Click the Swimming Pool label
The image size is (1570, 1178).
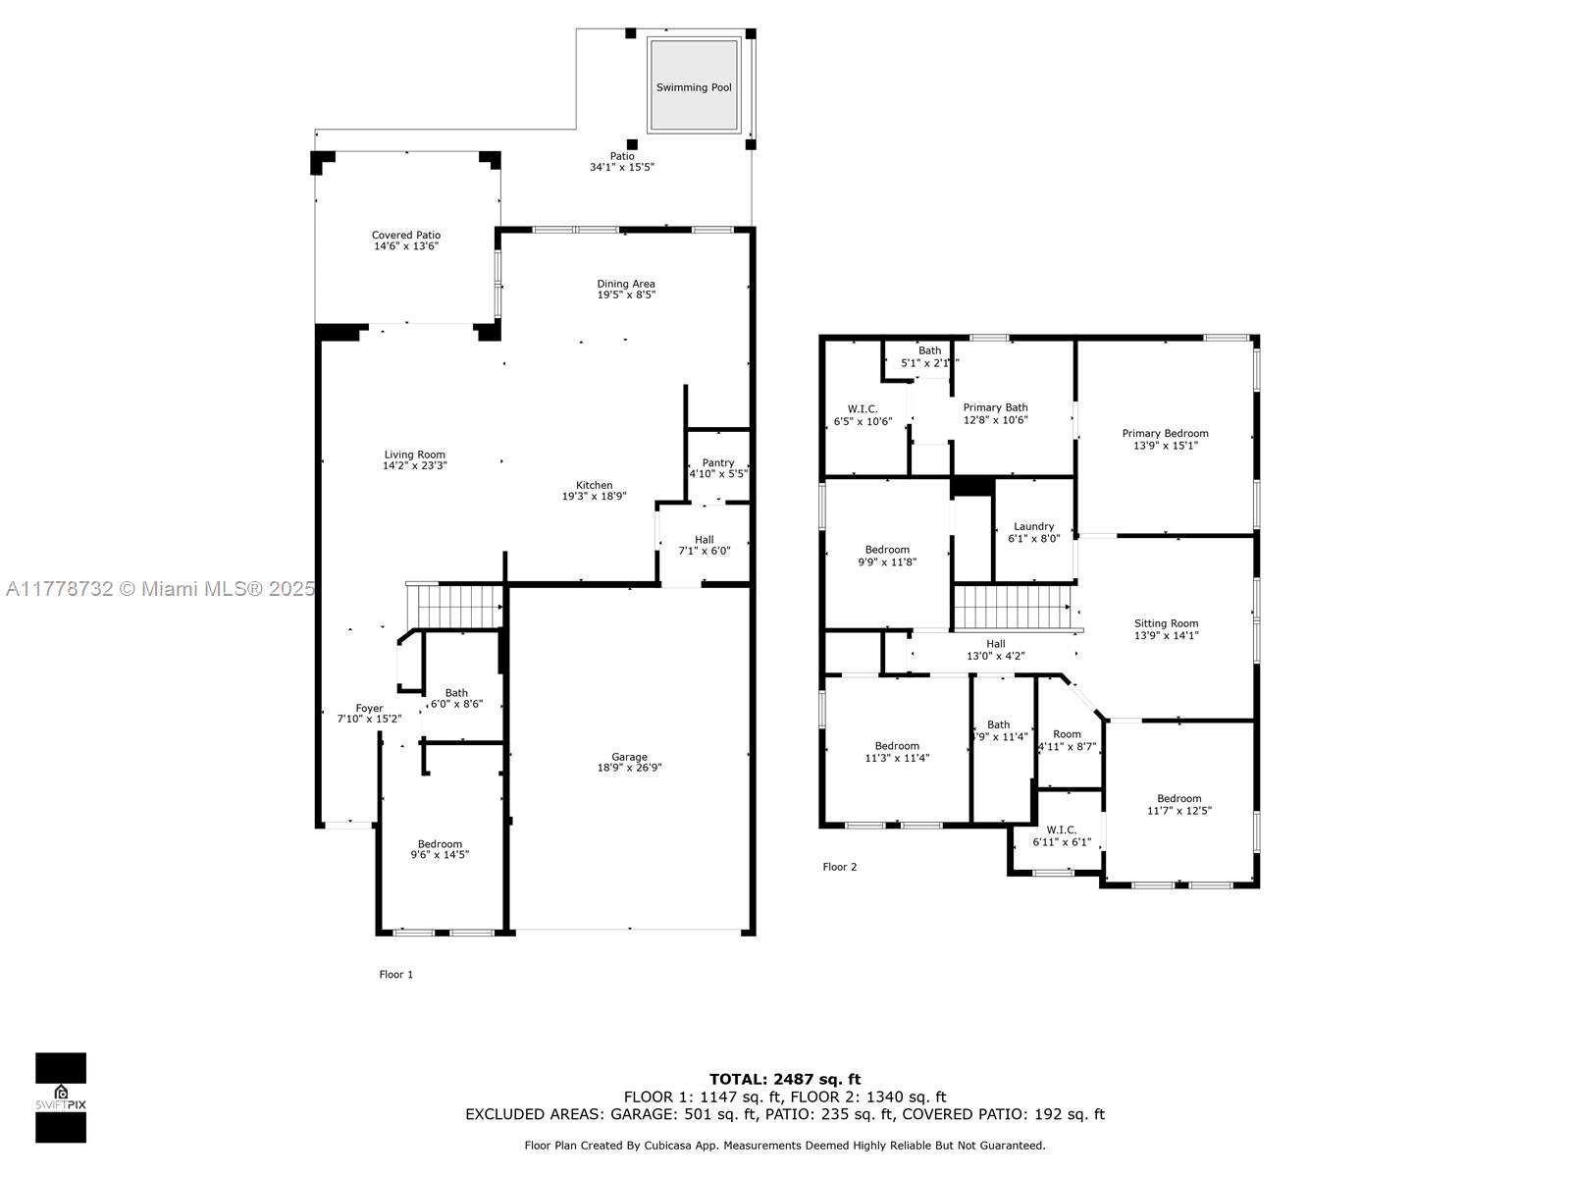[x=694, y=87]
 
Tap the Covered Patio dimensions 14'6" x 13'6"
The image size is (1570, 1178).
[x=406, y=246]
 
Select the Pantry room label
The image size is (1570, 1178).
[x=718, y=462]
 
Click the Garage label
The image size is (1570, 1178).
[x=629, y=757]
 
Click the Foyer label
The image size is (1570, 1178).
[x=369, y=708]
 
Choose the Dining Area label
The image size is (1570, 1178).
[x=626, y=284]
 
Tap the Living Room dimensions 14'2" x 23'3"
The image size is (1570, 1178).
[x=414, y=466]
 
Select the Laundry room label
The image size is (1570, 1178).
[x=1033, y=526]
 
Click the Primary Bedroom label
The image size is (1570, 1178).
[x=1166, y=433]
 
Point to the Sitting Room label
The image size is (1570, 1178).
[x=1166, y=623]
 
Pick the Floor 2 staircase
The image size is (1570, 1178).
[x=1011, y=607]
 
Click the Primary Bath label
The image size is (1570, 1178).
[x=995, y=407]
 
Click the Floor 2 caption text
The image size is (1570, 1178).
[x=840, y=867]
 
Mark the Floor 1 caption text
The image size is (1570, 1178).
[x=396, y=975]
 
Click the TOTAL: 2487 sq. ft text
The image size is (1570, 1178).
[x=785, y=1079]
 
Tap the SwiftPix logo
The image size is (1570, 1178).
[x=61, y=1098]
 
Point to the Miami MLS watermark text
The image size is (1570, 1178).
[x=160, y=589]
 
